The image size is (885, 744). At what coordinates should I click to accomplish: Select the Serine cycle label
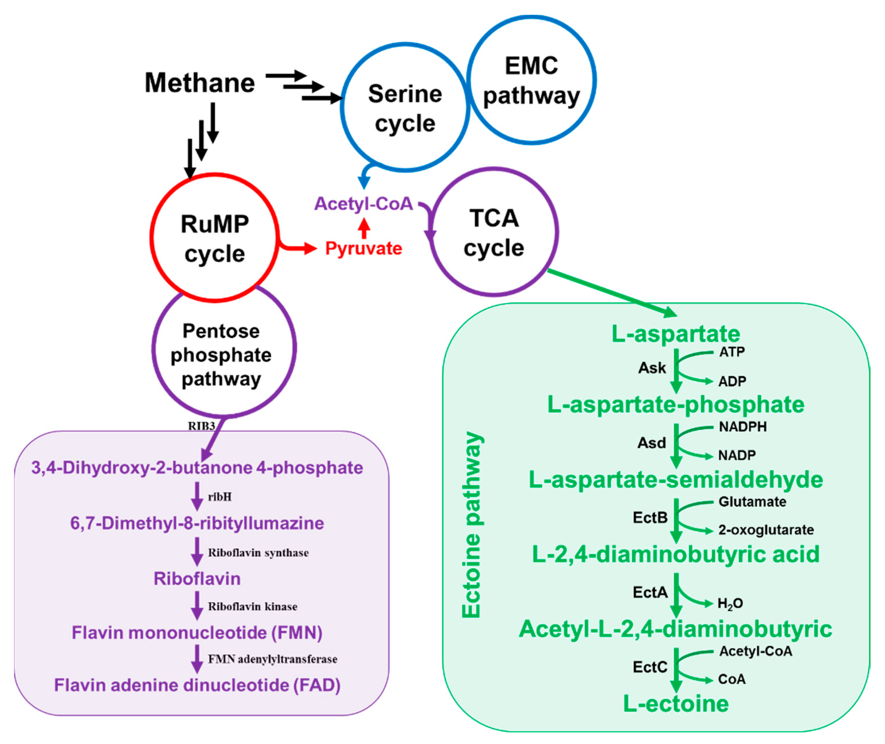click(x=405, y=109)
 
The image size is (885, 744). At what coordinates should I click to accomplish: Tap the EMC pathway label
click(x=531, y=81)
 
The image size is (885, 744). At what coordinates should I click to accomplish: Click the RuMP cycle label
click(x=215, y=239)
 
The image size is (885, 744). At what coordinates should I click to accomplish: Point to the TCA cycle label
click(x=493, y=233)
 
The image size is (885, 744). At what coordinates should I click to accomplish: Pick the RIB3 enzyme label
click(x=201, y=426)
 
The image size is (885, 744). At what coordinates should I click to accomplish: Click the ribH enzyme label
click(x=220, y=497)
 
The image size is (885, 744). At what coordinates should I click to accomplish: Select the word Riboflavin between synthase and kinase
click(x=197, y=579)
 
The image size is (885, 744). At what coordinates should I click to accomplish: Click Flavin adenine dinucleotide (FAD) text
click(x=197, y=685)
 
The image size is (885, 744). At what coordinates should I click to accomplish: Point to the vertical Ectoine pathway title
click(x=472, y=525)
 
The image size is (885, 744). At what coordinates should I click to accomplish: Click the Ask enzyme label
click(x=652, y=368)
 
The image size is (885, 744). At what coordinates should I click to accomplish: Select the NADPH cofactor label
click(x=743, y=427)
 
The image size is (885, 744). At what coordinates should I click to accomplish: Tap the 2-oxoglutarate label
click(x=766, y=530)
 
